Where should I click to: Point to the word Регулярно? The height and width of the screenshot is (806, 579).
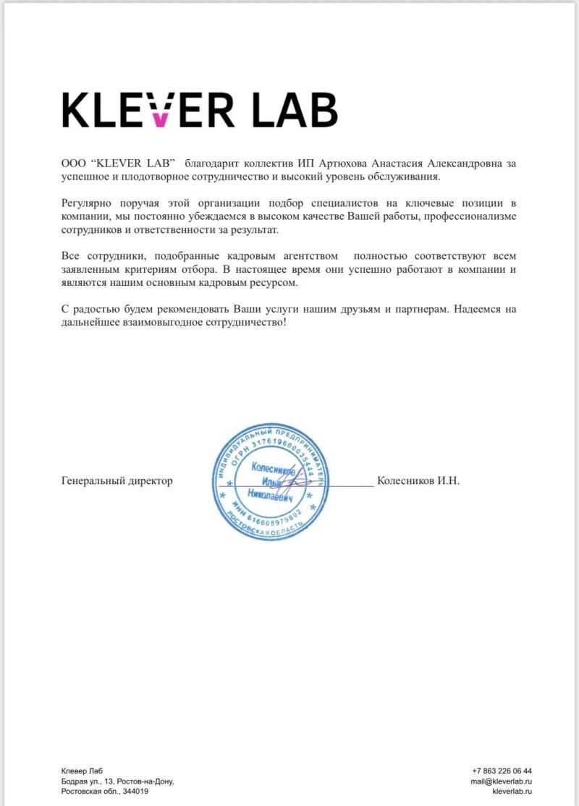88,204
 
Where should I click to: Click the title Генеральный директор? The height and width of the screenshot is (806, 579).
117,480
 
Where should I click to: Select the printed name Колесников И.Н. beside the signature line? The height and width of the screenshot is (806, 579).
418,480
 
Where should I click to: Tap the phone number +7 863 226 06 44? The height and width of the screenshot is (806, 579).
502,771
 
